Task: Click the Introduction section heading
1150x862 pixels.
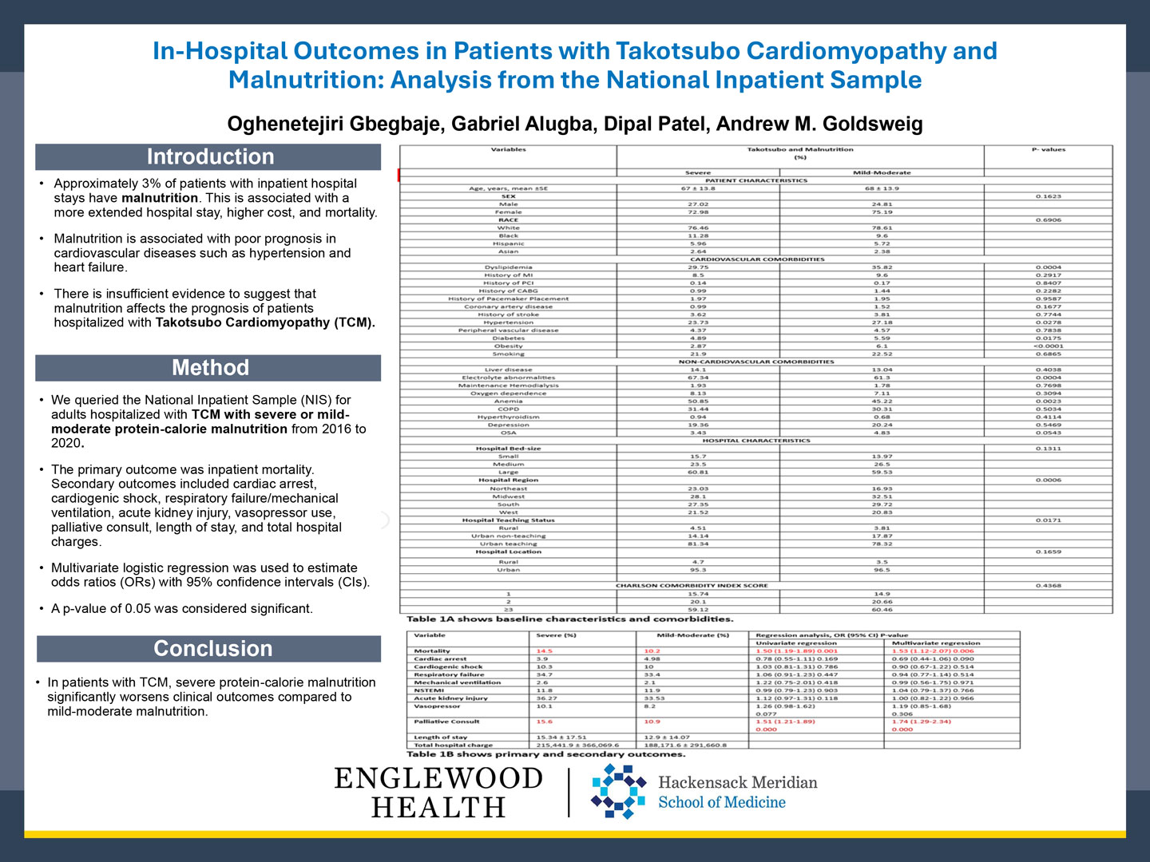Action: [209, 156]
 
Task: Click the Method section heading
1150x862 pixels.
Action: [210, 367]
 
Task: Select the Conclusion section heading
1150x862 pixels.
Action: [212, 648]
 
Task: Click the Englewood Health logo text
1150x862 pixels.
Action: [438, 792]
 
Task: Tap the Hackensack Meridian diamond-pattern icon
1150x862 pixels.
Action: [617, 791]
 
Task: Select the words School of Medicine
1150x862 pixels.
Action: [721, 802]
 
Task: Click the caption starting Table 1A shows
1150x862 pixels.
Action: [569, 619]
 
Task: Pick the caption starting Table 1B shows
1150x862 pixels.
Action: [545, 753]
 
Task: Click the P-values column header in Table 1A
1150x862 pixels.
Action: [1048, 149]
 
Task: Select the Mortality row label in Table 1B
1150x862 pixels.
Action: [432, 651]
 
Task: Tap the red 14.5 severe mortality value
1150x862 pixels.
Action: [545, 651]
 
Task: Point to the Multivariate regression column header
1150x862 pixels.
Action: [935, 643]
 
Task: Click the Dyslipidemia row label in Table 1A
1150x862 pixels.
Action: [508, 267]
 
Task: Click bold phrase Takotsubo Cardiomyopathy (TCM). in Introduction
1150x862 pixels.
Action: [265, 322]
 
